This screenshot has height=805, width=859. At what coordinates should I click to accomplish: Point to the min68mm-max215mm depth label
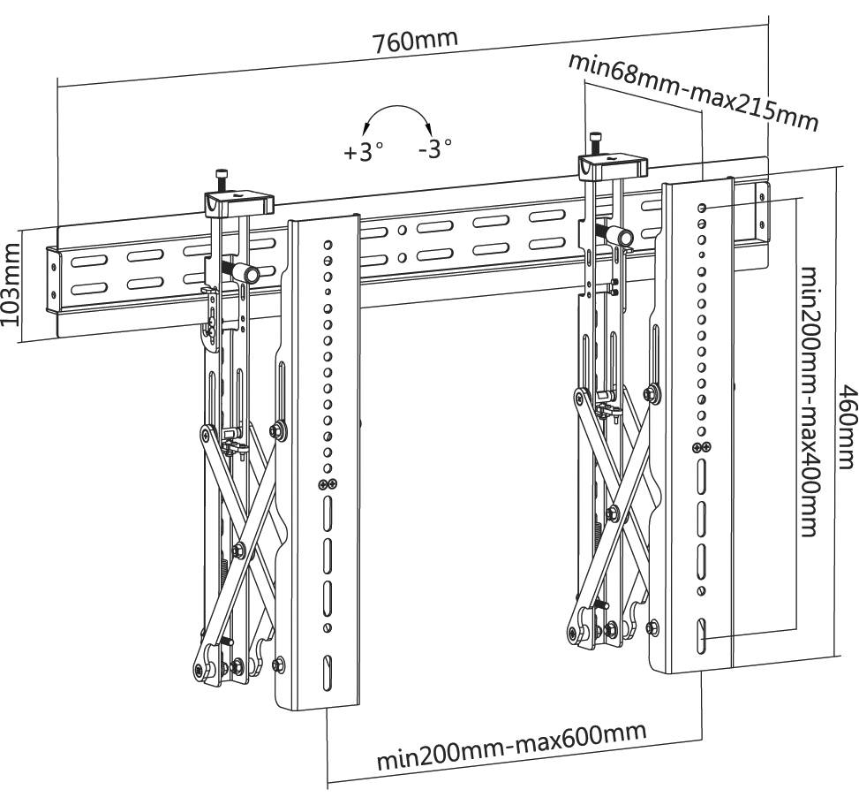tap(692, 91)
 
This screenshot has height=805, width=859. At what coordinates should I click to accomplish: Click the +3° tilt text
tap(364, 151)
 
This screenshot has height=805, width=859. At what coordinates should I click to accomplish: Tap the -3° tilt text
tap(435, 148)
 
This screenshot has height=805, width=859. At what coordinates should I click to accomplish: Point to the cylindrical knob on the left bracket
tap(250, 274)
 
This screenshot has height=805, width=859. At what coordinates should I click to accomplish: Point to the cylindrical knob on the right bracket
tap(623, 236)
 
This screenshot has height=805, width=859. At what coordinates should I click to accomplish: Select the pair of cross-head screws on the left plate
tap(328, 483)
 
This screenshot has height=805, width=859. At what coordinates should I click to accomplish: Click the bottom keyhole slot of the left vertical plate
tap(328, 665)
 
